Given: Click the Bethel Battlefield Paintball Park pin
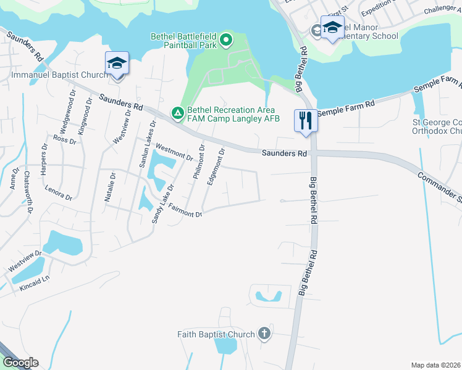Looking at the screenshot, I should tap(226, 41).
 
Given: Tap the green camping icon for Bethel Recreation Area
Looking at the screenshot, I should tap(177, 113).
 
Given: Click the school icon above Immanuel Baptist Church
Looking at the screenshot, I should tap(117, 63).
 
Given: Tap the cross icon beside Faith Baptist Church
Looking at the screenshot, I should tap(264, 334).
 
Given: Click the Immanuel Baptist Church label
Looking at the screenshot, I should tap(60, 75).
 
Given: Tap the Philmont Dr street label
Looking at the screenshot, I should tap(198, 162).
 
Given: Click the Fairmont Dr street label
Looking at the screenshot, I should tap(185, 212).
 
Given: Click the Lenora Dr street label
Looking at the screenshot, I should tap(63, 194).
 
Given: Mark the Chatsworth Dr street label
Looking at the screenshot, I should tap(28, 191).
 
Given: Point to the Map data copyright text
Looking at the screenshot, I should tap(435, 365).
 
